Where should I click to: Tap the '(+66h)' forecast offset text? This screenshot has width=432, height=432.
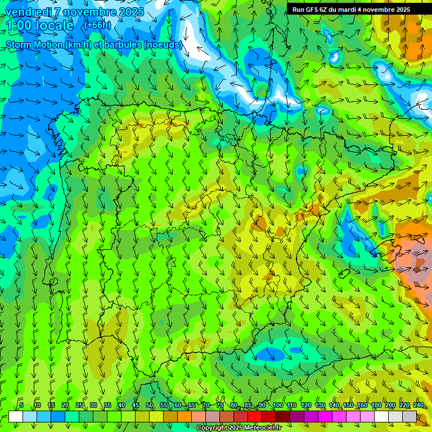(97, 25)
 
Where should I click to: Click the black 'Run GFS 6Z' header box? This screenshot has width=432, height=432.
(359, 9)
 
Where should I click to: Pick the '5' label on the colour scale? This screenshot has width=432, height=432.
(21, 405)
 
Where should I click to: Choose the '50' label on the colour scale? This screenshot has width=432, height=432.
(150, 405)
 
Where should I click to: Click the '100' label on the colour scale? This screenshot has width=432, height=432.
(277, 405)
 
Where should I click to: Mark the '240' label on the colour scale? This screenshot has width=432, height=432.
(418, 405)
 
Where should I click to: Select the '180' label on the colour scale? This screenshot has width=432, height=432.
(376, 405)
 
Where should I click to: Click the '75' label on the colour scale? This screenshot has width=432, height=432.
(220, 405)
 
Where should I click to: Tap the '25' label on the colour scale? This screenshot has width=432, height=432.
(79, 405)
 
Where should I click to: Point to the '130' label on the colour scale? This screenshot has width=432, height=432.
(320, 405)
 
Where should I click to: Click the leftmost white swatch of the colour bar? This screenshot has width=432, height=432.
(16, 416)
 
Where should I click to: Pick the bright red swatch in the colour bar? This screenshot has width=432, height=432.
(255, 416)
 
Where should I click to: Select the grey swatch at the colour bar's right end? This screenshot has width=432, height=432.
(409, 416)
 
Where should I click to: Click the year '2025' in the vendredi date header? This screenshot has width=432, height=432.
(131, 12)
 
